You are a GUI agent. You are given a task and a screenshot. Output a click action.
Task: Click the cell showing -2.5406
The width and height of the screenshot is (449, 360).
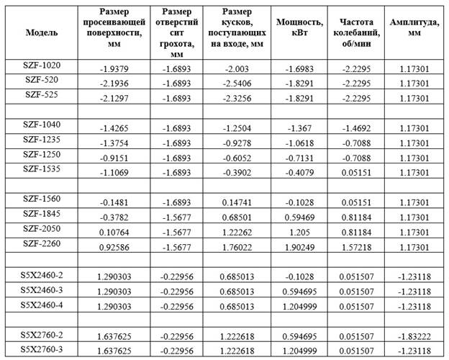235,84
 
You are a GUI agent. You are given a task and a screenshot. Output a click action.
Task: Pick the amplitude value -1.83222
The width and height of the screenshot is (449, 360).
414,336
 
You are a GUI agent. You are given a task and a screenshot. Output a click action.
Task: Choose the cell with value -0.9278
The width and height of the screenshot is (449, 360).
235,143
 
